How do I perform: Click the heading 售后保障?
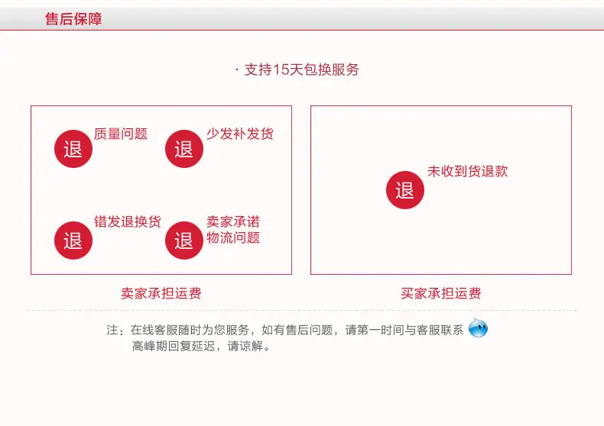pos(73,19)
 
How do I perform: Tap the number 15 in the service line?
pos(281,69)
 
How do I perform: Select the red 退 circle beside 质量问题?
pos(73,149)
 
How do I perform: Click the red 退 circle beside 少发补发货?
pos(184,149)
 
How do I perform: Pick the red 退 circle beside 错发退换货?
pos(73,240)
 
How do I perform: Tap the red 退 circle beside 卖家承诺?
pos(184,240)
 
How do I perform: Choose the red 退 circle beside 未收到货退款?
pos(405,190)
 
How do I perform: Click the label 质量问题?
pos(121,134)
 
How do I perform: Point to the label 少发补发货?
pos(240,134)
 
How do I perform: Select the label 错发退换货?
pos(128,221)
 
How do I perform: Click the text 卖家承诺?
pos(233,221)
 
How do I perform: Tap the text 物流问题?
pos(233,237)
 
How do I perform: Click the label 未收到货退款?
pos(468,171)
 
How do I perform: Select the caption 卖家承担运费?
pos(161,293)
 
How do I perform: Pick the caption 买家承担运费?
pos(440,293)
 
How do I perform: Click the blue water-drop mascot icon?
pos(478,328)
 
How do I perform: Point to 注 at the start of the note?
pos(112,330)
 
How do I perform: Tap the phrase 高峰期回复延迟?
pos(174,346)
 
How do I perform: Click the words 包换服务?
pos(331,69)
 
